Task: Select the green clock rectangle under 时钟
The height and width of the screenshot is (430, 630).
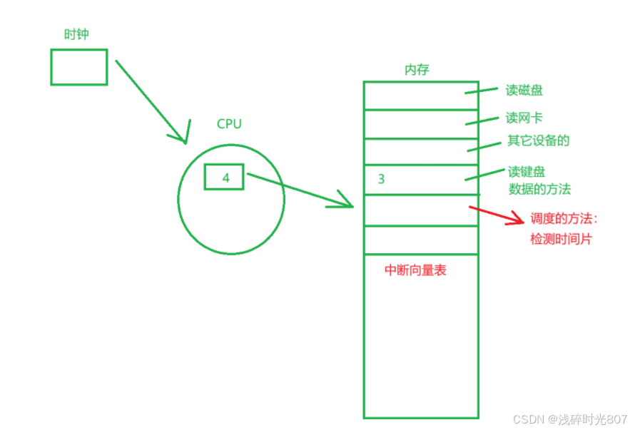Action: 78,67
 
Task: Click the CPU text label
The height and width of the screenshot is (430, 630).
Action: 229,124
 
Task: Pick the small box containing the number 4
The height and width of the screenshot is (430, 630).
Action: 224,177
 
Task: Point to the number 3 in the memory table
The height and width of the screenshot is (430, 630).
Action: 381,179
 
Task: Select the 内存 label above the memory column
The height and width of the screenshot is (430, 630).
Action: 417,69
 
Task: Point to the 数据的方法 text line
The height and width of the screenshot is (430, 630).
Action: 539,189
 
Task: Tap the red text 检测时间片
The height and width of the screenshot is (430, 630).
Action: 561,240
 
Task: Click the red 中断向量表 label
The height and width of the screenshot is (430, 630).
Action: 415,270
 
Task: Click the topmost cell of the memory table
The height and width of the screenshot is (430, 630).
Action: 420,96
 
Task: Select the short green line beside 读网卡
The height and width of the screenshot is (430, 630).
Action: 481,120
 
